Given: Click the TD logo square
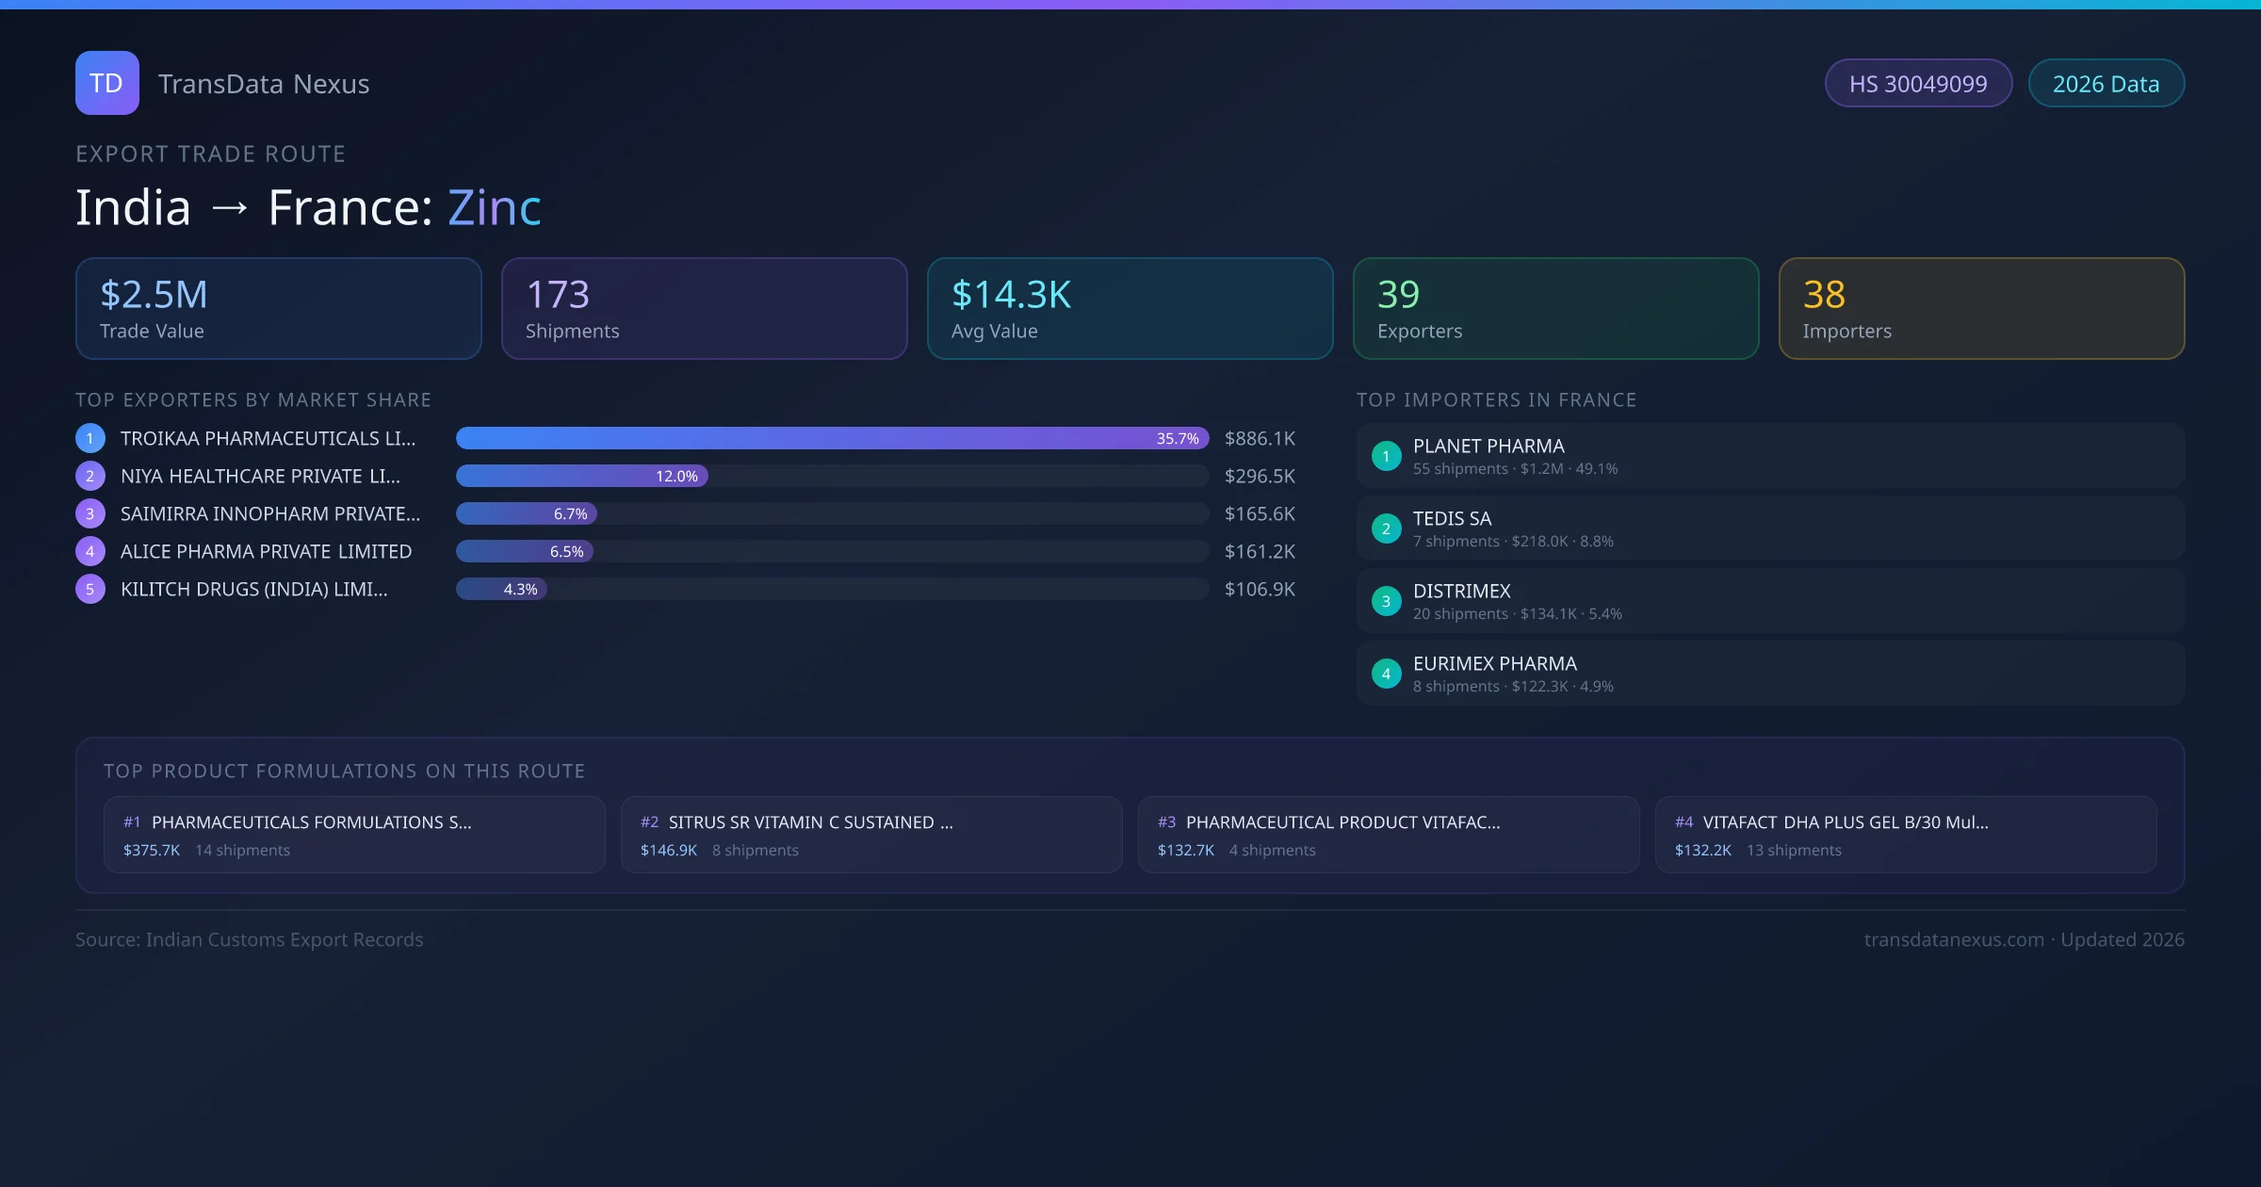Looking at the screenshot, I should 106,83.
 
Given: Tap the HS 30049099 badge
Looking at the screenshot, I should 1917,84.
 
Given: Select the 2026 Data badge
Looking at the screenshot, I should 2106,84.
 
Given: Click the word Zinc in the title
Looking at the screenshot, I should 495,207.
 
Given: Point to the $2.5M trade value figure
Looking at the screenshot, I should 154,295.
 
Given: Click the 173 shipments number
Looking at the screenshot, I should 558,295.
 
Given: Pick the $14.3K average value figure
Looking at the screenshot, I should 1011,295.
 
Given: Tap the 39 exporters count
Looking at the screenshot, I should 1398,295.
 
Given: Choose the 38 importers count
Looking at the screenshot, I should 1824,295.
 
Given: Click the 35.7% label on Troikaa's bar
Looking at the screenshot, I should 1178,439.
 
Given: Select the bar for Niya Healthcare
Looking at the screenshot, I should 581,477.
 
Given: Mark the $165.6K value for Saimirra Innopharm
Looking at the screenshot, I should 1260,514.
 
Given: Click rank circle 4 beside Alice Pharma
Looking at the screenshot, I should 90,552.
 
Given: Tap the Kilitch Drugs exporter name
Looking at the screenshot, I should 253,590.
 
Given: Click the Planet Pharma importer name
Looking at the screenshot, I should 1488,447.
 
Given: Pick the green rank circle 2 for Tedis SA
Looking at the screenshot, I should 1386,529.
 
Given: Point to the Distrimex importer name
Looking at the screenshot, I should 1461,592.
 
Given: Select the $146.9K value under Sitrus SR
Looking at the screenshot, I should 669,851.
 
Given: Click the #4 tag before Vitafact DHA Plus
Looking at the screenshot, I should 1684,823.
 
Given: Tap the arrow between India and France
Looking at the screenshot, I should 230,208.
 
